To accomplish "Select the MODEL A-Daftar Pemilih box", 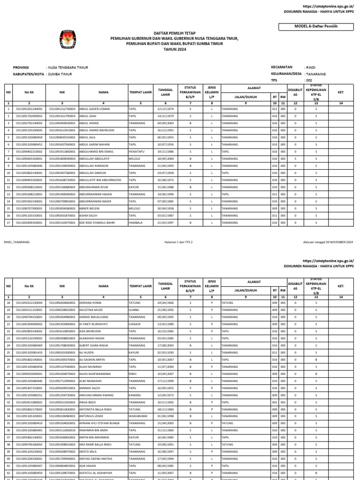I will tap(321, 27).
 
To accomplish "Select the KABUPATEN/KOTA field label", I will tap(29, 74).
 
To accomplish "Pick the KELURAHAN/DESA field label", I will tap(286, 74).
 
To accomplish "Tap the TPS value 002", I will tap(308, 80).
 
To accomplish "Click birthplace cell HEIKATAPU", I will tap(137, 152).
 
